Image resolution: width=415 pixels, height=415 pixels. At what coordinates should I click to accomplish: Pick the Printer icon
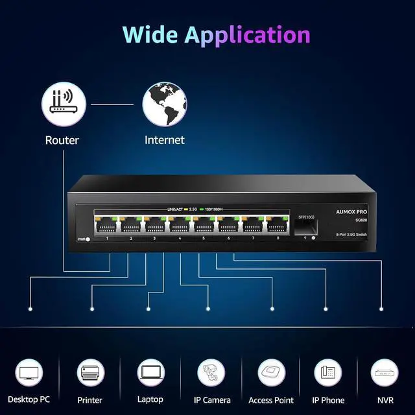(90, 372)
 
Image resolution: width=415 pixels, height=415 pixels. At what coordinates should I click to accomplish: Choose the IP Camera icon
(211, 372)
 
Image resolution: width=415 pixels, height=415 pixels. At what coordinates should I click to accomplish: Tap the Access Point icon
(271, 372)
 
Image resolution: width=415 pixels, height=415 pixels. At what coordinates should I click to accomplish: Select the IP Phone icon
(328, 372)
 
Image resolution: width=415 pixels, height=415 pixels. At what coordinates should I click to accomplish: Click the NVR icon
(385, 372)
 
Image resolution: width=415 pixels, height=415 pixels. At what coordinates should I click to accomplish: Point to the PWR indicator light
(87, 239)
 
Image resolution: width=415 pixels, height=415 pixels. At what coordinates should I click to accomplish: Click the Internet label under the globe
(164, 140)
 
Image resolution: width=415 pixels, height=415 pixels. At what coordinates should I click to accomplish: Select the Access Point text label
(271, 400)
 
